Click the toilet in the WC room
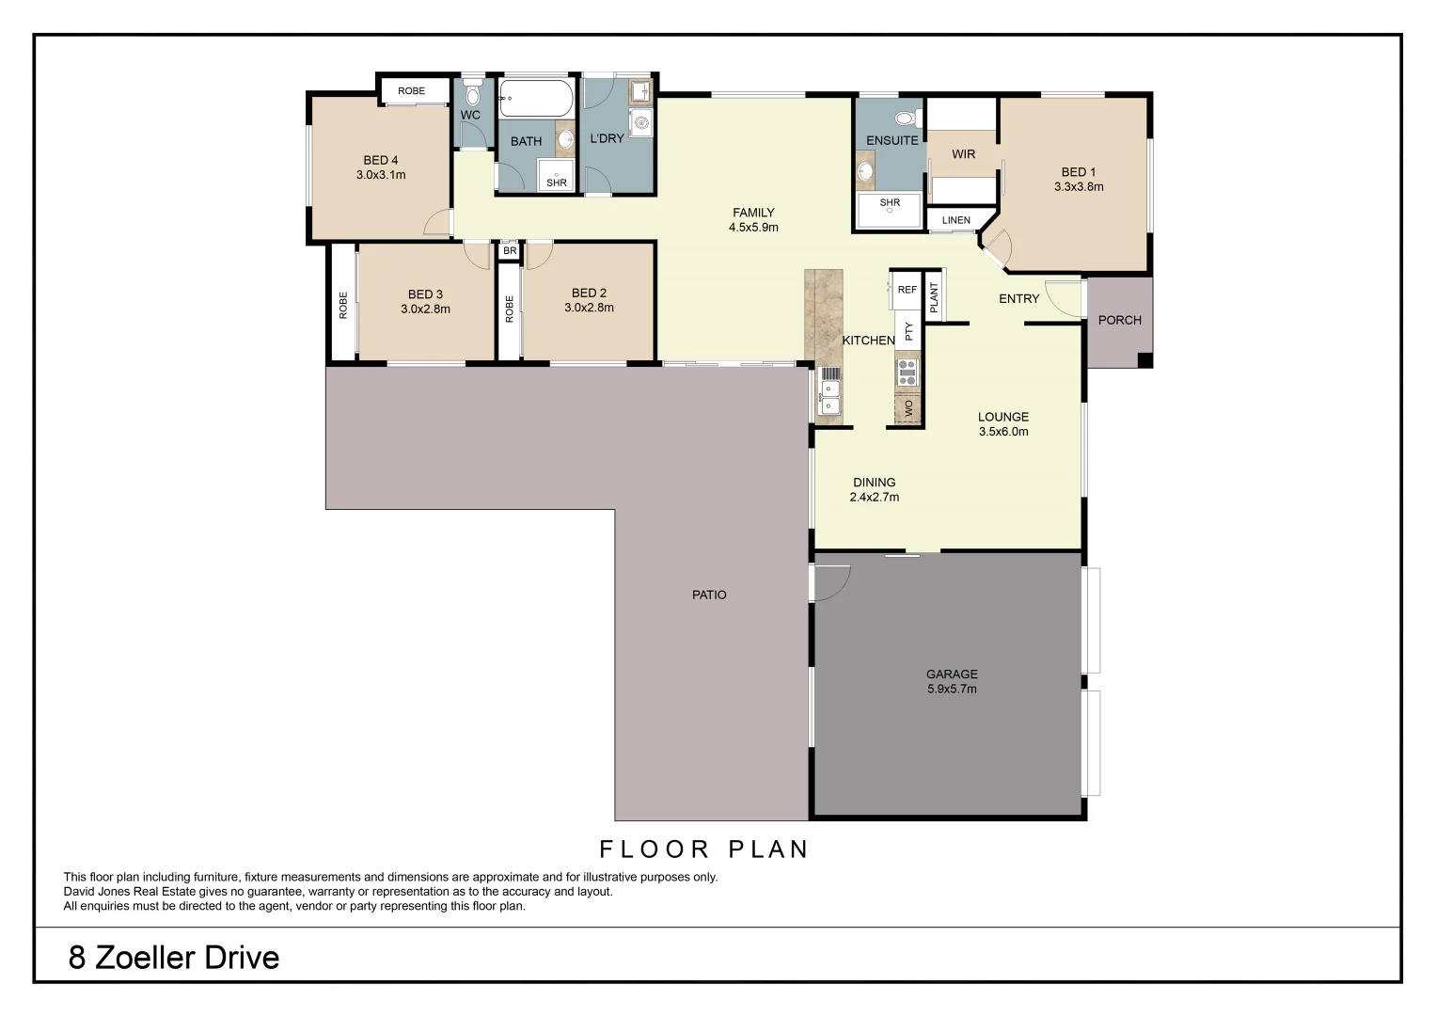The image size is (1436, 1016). pyautogui.click(x=472, y=95)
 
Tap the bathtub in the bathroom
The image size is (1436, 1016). pyautogui.click(x=535, y=98)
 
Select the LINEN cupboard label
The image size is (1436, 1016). pyautogui.click(x=955, y=220)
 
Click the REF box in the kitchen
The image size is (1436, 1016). pyautogui.click(x=907, y=290)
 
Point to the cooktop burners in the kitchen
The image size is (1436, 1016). pyautogui.click(x=907, y=373)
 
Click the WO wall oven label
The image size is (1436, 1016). pyautogui.click(x=908, y=408)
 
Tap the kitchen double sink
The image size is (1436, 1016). pyautogui.click(x=829, y=395)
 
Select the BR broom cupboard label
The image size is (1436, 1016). pyautogui.click(x=510, y=251)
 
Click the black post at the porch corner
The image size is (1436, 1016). pyautogui.click(x=1144, y=359)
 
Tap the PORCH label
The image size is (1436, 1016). pyautogui.click(x=1119, y=320)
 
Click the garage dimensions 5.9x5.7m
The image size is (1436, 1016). pyautogui.click(x=952, y=689)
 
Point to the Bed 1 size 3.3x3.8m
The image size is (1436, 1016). pyautogui.click(x=1079, y=186)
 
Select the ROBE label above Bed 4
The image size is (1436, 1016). pyautogui.click(x=411, y=91)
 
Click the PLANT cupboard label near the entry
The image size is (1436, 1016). pyautogui.click(x=934, y=297)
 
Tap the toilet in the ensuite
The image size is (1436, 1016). pyautogui.click(x=907, y=119)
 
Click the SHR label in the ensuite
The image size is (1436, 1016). pyautogui.click(x=890, y=202)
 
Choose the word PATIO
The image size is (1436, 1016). pyautogui.click(x=709, y=595)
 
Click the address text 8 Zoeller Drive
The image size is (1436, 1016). pyautogui.click(x=174, y=958)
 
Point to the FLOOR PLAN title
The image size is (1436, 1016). pyautogui.click(x=704, y=849)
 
